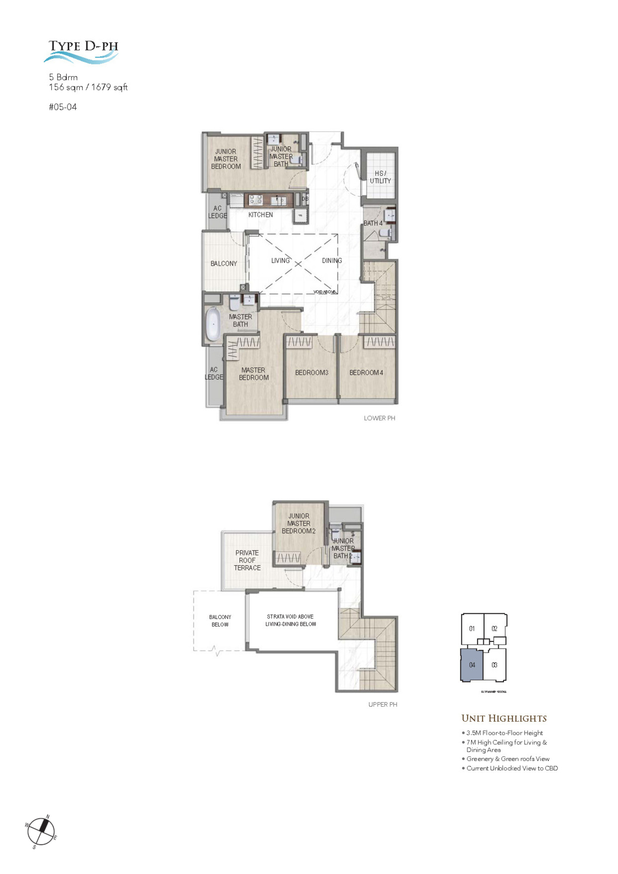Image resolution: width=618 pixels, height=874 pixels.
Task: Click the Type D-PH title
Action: [x=83, y=46]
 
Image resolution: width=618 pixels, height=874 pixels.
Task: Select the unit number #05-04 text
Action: [x=63, y=107]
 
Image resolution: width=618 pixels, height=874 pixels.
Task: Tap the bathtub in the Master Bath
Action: [x=213, y=324]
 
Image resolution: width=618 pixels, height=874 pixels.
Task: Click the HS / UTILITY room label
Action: [x=380, y=177]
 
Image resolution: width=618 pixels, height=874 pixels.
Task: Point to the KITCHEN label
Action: [x=260, y=215]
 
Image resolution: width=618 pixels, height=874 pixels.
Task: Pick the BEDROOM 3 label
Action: [x=311, y=373]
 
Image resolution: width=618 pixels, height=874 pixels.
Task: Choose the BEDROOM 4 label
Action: [x=366, y=373]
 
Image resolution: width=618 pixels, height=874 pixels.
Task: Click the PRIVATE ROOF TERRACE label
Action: [x=247, y=560]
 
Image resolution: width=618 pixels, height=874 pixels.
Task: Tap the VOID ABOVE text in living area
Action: [x=324, y=292]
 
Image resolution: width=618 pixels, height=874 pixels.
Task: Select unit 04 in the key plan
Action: [x=472, y=665]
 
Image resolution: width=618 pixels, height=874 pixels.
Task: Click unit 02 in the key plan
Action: [x=494, y=629]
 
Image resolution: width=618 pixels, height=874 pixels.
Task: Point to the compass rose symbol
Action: [x=41, y=832]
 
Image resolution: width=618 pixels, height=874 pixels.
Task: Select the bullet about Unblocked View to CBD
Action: [x=512, y=768]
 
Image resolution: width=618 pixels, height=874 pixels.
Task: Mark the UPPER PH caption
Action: [x=382, y=705]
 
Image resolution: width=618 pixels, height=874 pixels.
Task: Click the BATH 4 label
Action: [x=372, y=223]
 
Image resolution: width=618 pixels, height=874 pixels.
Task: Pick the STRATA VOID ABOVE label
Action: [x=290, y=617]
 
